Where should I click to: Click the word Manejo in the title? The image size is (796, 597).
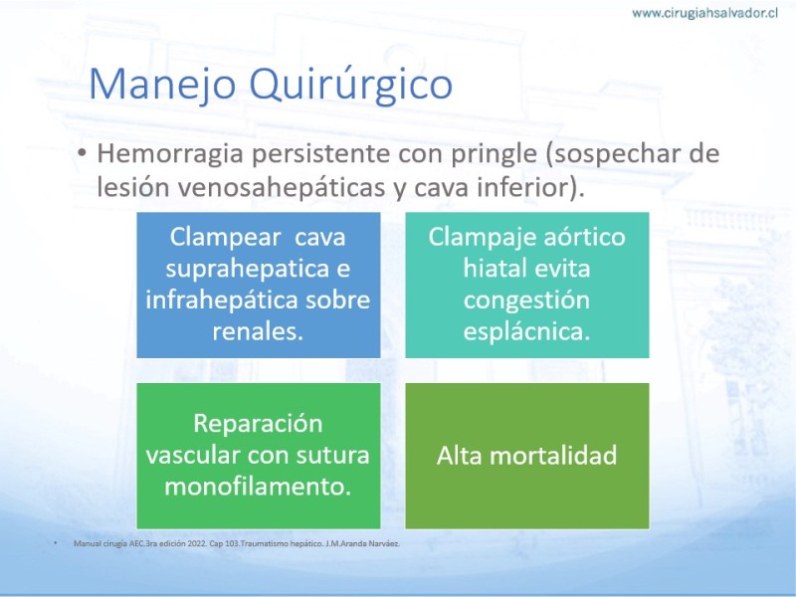point(162,85)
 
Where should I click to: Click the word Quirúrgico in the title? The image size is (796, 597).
point(351,85)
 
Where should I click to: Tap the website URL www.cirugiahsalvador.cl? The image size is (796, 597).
point(704,13)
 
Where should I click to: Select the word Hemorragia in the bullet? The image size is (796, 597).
point(170,154)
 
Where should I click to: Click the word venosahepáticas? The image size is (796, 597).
point(282,187)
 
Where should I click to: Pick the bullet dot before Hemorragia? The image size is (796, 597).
point(82,153)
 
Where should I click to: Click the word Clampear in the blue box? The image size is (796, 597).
point(226,237)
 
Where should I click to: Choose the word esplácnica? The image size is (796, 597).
point(526,332)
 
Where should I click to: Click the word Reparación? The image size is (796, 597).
point(258,424)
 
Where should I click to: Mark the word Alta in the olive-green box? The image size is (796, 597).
point(460,455)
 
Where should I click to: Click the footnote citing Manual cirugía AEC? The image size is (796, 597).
point(237,543)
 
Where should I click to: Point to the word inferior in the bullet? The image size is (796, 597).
point(530,187)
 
